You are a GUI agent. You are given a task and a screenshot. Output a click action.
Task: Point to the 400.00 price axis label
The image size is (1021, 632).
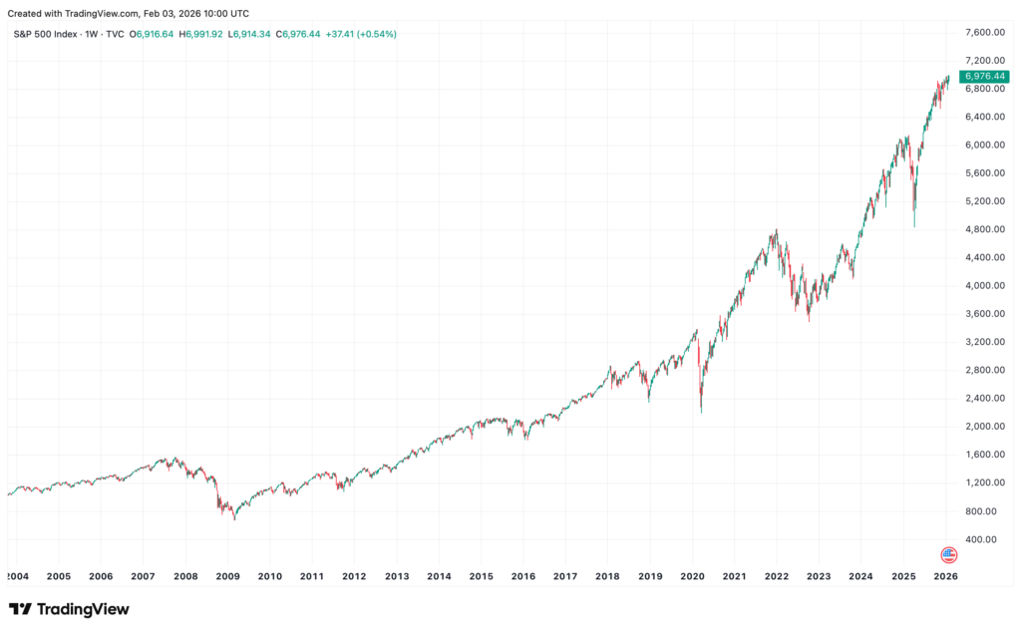pyautogui.click(x=983, y=539)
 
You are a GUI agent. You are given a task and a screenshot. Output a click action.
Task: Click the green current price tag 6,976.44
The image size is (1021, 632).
pyautogui.click(x=982, y=77)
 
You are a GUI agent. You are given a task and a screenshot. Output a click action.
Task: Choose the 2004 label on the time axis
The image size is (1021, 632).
pyautogui.click(x=17, y=576)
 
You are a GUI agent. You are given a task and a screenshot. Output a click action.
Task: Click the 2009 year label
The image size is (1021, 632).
pyautogui.click(x=227, y=576)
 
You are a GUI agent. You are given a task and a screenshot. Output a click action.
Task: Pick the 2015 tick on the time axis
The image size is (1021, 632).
pyautogui.click(x=481, y=576)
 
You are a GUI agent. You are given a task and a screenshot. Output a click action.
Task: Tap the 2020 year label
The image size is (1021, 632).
pyautogui.click(x=692, y=576)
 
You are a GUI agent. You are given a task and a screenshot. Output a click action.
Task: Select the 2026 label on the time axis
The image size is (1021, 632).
pyautogui.click(x=945, y=576)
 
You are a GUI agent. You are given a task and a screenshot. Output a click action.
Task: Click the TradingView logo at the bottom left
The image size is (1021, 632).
pyautogui.click(x=69, y=609)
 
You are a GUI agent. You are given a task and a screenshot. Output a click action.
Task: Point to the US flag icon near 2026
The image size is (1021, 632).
pyautogui.click(x=948, y=554)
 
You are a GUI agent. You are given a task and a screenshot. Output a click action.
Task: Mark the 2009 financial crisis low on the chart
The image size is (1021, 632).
pyautogui.click(x=234, y=519)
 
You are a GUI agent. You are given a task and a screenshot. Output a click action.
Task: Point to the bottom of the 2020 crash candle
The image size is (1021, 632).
pyautogui.click(x=701, y=412)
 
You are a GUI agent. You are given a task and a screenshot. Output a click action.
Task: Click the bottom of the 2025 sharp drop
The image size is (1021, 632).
pyautogui.click(x=914, y=226)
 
